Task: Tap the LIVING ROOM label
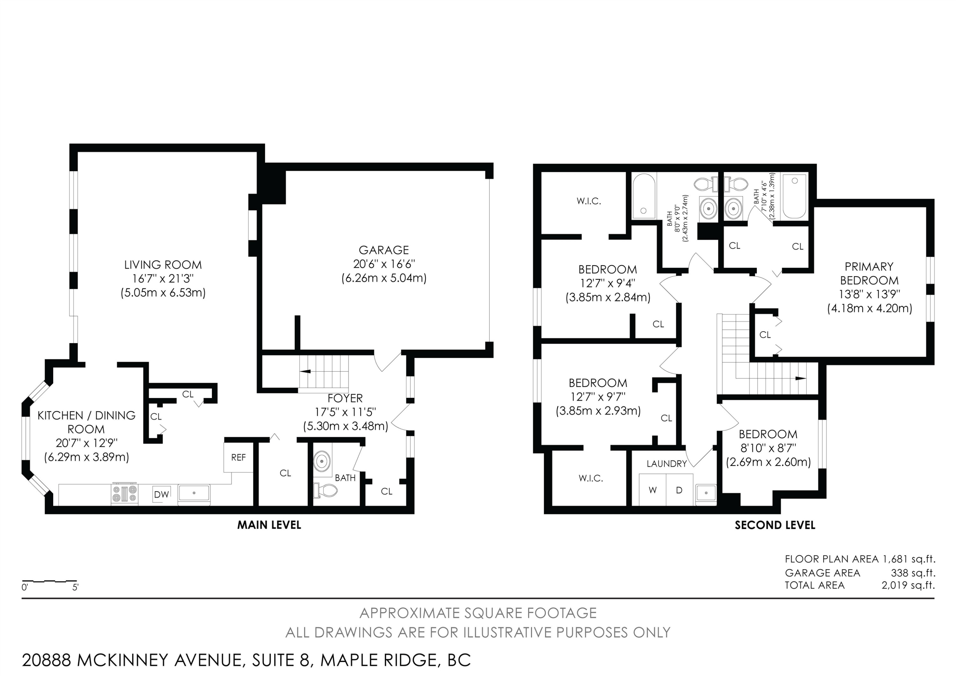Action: pos(163,265)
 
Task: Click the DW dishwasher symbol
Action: pos(162,494)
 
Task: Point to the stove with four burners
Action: pos(125,494)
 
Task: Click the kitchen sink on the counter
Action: pos(194,493)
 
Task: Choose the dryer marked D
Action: pos(679,490)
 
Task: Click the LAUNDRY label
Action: pos(667,464)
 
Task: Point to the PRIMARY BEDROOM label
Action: pos(869,273)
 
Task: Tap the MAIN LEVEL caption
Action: pos(269,525)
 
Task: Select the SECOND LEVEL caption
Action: pos(775,525)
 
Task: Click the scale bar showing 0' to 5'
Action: pos(49,581)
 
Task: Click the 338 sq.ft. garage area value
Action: pos(913,573)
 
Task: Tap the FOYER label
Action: pos(345,398)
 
